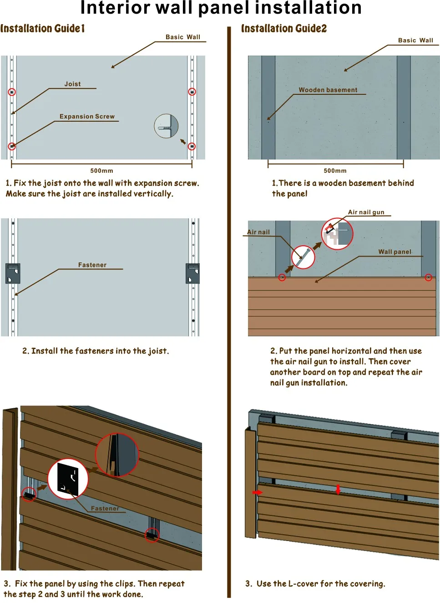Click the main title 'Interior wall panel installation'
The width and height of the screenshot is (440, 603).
221,8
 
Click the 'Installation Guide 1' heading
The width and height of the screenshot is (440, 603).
42,29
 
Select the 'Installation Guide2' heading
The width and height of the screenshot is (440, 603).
284,29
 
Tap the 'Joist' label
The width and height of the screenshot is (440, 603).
72,84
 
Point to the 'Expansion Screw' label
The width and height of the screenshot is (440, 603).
87,116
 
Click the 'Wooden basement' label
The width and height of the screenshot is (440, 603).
328,90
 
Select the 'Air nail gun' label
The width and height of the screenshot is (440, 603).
366,212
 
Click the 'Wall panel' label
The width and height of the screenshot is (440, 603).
394,252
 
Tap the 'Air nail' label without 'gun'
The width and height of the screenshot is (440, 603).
258,232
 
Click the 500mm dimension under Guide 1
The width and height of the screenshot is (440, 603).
101,170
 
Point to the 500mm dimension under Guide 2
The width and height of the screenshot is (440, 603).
335,170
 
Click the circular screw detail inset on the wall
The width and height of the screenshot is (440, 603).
166,126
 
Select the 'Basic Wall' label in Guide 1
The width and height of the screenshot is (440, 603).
182,37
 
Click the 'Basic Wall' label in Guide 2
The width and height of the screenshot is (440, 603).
415,40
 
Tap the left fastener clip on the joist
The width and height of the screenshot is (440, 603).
13,273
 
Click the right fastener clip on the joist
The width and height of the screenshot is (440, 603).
193,273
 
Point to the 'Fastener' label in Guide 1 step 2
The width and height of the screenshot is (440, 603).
92,265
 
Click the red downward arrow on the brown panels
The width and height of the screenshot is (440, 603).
338,490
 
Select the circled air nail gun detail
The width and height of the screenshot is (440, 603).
337,234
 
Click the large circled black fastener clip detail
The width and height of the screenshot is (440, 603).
68,479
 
